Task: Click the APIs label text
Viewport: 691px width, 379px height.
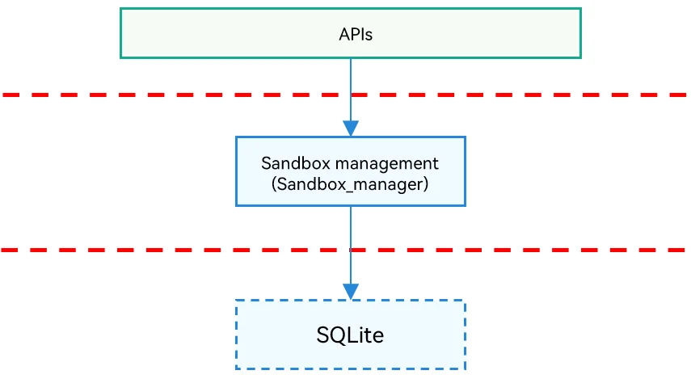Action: [356, 35]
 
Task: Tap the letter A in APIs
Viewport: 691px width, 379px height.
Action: [343, 35]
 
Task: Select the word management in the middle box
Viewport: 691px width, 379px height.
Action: [386, 164]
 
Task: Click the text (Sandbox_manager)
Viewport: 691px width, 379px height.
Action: [350, 184]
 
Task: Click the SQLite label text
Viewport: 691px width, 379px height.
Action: [350, 335]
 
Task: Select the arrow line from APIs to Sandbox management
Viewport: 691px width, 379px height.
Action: [351, 97]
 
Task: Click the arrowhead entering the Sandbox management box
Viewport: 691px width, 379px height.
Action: [351, 128]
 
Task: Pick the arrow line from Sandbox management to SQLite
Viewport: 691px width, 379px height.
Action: [351, 253]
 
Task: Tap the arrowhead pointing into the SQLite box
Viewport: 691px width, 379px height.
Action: [351, 292]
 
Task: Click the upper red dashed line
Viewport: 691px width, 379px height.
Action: [344, 95]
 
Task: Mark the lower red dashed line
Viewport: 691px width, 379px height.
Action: [343, 250]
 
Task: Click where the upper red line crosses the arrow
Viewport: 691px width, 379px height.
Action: [351, 95]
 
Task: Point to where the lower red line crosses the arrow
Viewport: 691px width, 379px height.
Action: [351, 250]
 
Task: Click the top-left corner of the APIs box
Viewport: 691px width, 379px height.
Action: [120, 8]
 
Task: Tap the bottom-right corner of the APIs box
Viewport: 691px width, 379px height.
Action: [581, 57]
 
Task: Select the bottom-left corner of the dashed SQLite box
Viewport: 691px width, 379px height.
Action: [236, 368]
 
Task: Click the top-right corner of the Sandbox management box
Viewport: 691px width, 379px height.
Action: [465, 137]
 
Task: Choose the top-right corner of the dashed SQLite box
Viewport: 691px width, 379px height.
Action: [465, 301]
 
